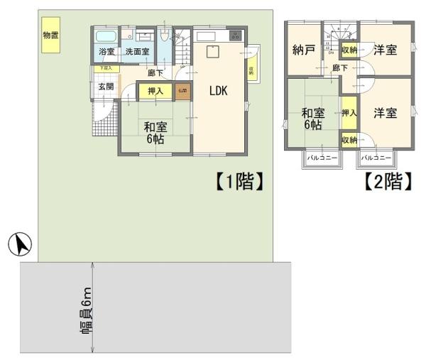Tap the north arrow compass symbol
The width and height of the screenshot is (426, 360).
(21, 246)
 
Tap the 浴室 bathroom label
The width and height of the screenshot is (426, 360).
(106, 52)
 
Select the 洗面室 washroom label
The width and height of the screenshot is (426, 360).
(137, 52)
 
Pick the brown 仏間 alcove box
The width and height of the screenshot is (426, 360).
(182, 91)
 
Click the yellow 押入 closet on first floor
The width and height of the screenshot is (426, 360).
(155, 91)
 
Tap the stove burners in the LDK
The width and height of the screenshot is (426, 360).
(235, 36)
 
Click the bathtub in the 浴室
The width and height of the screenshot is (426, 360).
(105, 36)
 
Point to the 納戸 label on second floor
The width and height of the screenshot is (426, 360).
(303, 50)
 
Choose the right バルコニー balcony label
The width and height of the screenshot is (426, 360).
(376, 157)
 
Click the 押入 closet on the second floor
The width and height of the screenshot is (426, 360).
(349, 113)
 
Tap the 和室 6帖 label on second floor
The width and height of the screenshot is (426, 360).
(313, 119)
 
